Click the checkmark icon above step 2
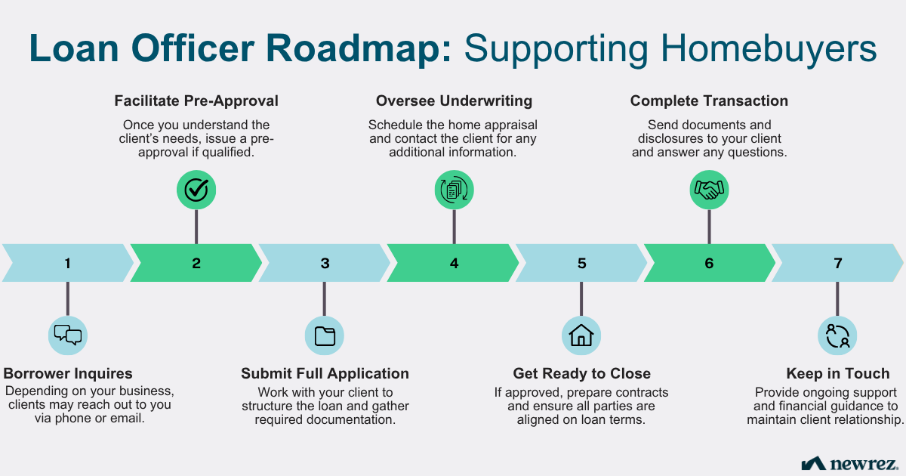[x=196, y=190]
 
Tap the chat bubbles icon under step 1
[x=68, y=335]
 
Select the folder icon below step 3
[x=325, y=335]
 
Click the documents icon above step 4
[x=454, y=190]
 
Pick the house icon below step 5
[x=581, y=335]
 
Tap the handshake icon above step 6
[x=709, y=190]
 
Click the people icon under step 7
[x=837, y=335]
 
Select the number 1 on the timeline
[x=68, y=264]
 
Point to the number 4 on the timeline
[x=454, y=264]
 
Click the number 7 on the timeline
[x=837, y=264]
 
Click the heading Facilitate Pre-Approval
[x=196, y=101]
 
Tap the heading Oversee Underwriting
[x=454, y=101]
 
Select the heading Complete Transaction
[x=709, y=101]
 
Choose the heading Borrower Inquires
[x=68, y=374]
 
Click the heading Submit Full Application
[x=325, y=374]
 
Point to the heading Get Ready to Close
[x=581, y=374]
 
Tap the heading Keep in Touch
[x=837, y=374]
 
